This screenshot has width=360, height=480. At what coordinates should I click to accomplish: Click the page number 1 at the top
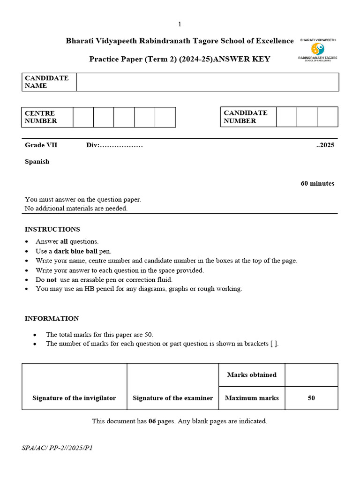point(180,24)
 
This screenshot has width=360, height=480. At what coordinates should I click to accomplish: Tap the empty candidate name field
point(207,82)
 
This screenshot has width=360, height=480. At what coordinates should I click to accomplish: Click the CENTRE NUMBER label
point(41,117)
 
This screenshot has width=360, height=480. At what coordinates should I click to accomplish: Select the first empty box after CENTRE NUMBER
point(83,117)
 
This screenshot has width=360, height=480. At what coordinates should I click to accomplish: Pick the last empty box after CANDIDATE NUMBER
point(327,117)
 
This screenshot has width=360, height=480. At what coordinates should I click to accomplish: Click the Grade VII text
point(41,145)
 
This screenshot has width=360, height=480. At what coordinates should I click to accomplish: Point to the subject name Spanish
point(37,162)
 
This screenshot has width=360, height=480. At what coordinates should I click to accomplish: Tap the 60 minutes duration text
point(317,183)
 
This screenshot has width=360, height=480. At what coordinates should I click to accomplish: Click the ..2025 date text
point(325,145)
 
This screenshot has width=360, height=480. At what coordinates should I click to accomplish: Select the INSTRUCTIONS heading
point(52,229)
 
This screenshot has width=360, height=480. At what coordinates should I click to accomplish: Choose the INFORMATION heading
point(52,318)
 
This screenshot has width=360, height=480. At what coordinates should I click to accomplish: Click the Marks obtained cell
point(252,375)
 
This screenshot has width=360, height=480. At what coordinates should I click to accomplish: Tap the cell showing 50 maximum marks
point(311,398)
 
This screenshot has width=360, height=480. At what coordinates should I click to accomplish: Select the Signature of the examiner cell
point(172,398)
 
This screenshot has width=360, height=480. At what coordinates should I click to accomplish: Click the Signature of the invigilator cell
point(74,398)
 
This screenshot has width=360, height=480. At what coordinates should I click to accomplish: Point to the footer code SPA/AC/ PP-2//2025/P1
point(57,448)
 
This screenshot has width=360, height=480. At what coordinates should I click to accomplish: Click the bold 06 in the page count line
point(152,421)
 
